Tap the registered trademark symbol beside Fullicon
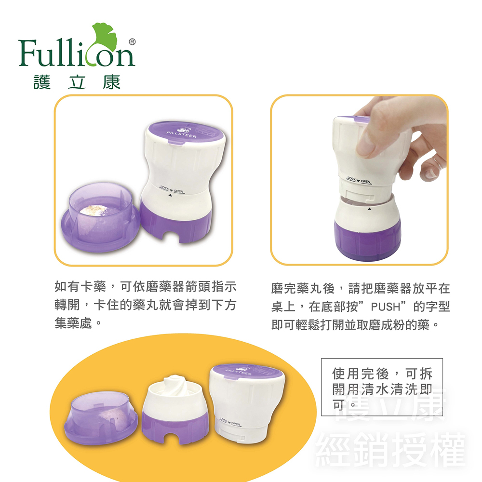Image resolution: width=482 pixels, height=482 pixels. (132, 42)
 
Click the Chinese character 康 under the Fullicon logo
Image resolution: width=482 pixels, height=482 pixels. (111, 82)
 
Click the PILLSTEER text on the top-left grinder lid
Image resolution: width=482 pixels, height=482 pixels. (181, 134)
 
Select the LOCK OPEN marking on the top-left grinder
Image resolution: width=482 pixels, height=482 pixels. (172, 189)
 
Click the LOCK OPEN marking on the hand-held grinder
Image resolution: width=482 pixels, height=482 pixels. (359, 180)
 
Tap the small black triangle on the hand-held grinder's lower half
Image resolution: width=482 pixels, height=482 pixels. (369, 209)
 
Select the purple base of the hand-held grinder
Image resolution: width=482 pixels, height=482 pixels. (367, 240)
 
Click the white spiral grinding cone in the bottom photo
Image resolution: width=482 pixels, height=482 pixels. (174, 385)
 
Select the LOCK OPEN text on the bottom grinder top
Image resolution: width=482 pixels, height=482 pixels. (230, 422)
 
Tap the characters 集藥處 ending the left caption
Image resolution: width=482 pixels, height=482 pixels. (73, 323)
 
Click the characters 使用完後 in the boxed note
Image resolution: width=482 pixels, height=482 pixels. (360, 374)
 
